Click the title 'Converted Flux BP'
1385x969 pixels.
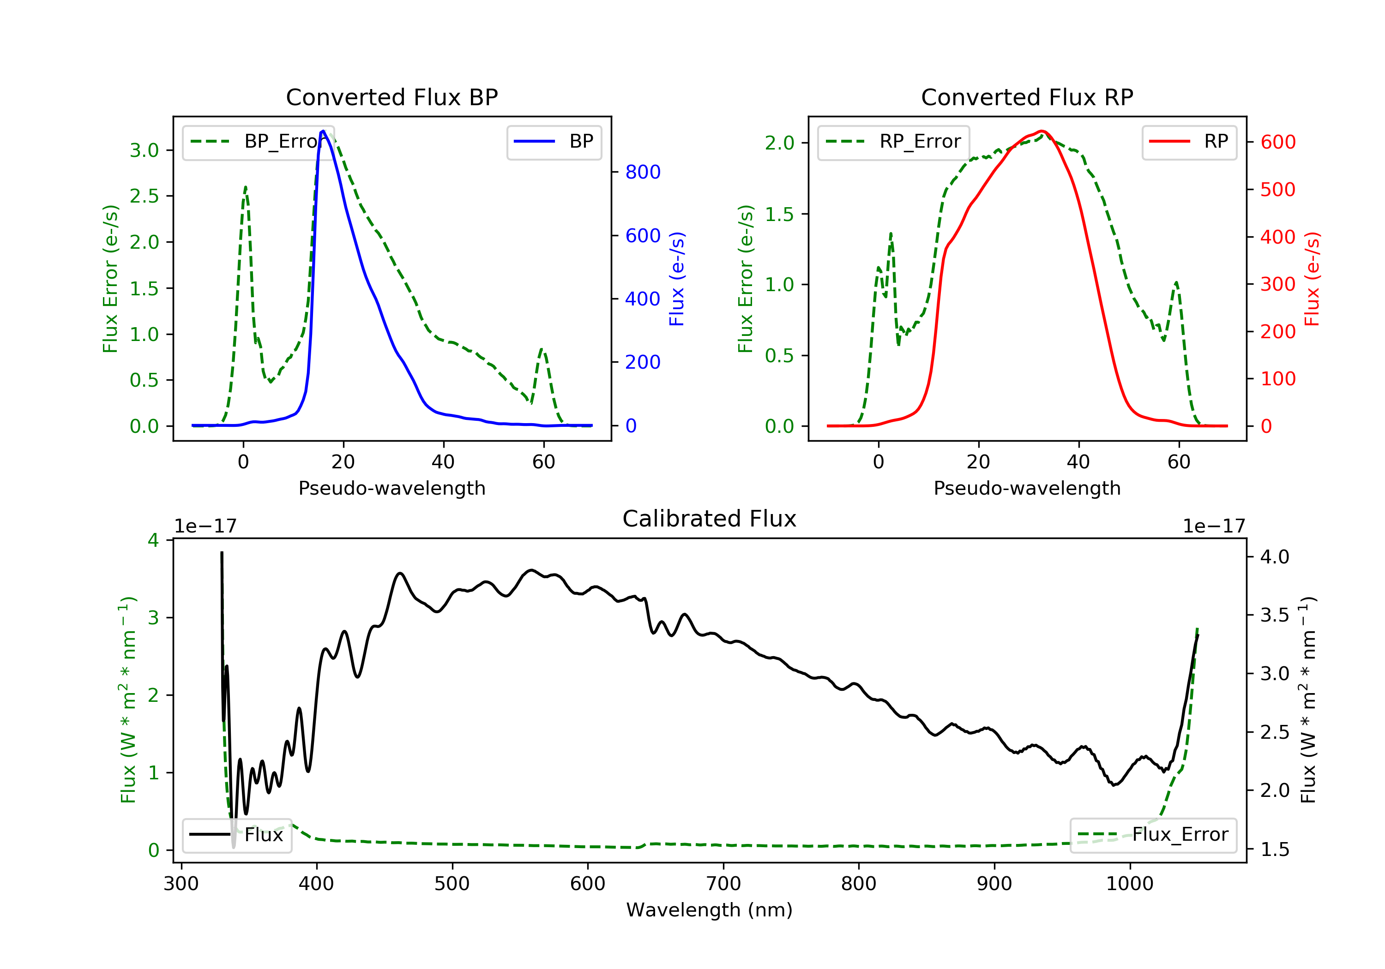[x=391, y=97]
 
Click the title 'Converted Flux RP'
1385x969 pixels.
[x=1027, y=97]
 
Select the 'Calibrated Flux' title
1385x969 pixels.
[x=710, y=519]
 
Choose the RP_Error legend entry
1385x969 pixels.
[x=893, y=142]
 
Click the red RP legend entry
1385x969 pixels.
[x=1189, y=142]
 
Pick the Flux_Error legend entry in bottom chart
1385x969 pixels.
[x=1153, y=835]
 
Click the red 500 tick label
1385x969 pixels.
[x=1277, y=189]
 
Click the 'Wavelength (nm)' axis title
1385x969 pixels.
[x=710, y=910]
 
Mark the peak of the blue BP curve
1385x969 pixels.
[x=323, y=131]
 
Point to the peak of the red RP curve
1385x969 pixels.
[x=1042, y=131]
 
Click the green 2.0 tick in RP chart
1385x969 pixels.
[x=780, y=143]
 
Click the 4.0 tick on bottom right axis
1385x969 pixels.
[x=1275, y=556]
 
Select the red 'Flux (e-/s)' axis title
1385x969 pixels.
[x=1312, y=279]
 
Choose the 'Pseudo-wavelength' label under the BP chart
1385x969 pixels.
[x=392, y=488]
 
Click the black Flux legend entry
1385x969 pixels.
[x=236, y=835]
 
